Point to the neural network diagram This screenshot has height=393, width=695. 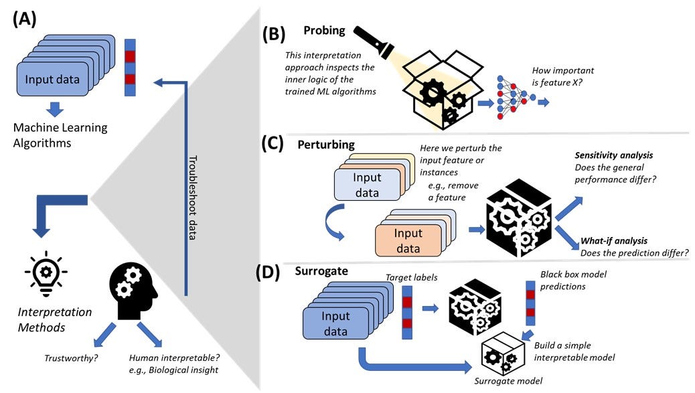click(x=514, y=97)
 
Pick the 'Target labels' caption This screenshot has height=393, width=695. click(x=410, y=277)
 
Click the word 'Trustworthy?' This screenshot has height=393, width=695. click(x=71, y=358)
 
